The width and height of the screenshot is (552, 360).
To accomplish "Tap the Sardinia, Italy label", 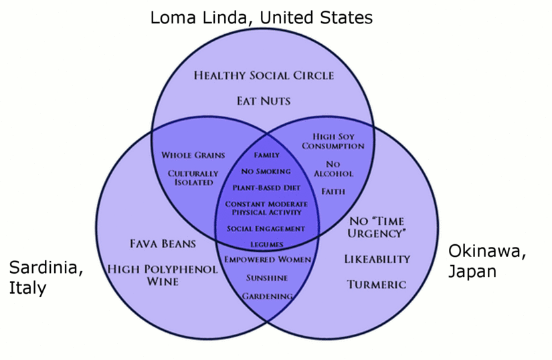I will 46,278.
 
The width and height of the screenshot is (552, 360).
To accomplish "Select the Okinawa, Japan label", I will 487,262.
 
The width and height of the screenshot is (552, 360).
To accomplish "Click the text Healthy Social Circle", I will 264,75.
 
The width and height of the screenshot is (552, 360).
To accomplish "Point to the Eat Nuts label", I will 264,101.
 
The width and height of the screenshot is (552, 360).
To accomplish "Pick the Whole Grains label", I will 193,155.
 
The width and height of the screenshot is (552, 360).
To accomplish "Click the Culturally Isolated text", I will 193,177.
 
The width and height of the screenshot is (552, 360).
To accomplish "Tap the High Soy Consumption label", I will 333,141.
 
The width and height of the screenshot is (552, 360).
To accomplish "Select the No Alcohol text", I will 333,169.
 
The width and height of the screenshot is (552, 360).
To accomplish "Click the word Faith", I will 333,191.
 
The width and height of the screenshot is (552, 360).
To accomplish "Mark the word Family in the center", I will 266,155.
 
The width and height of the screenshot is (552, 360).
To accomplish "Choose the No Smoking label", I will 266,171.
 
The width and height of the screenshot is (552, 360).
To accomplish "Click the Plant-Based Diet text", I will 266,187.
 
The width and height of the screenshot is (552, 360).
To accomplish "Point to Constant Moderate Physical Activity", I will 266,208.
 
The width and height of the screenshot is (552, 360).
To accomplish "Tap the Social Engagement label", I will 266,228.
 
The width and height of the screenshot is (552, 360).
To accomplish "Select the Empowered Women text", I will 266,260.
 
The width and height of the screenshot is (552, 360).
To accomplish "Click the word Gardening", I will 266,296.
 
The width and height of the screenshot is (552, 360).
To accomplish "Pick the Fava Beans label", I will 163,243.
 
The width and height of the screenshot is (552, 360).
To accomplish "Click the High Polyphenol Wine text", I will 163,275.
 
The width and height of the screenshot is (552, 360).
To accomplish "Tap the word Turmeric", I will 377,284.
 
